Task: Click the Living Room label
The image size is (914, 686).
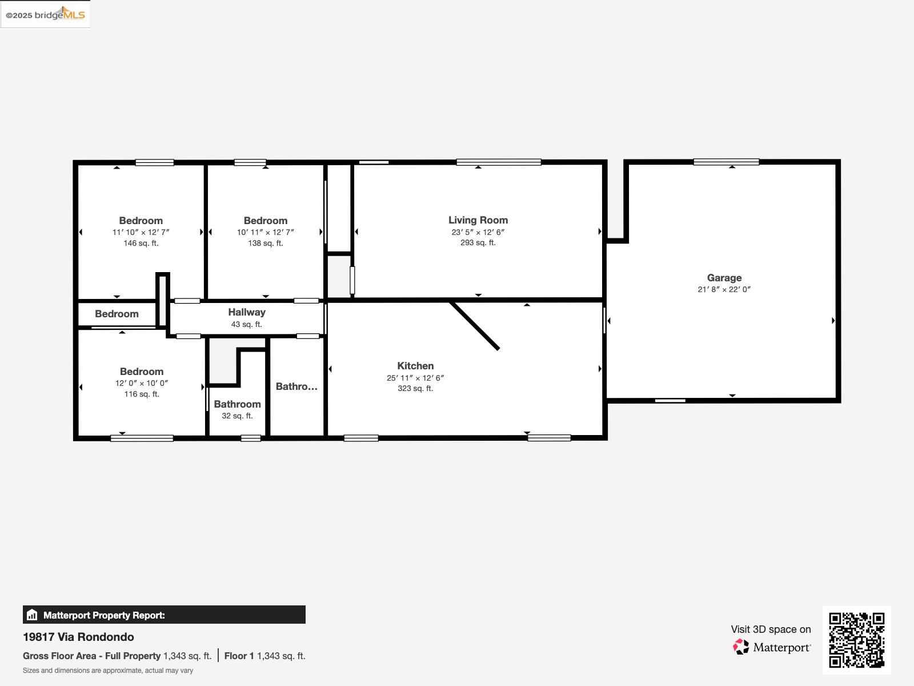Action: (x=478, y=220)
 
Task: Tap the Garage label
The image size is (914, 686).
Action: (x=724, y=278)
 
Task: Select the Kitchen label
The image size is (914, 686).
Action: (x=415, y=366)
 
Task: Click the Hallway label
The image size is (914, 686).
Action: (x=246, y=312)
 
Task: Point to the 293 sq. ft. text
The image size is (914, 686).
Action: (x=478, y=242)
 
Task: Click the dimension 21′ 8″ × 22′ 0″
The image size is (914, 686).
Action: (x=724, y=289)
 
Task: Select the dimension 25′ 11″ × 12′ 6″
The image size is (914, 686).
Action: (x=415, y=378)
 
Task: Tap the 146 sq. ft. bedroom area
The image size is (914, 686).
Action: (x=141, y=243)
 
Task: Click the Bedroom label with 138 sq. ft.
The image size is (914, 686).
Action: (x=265, y=221)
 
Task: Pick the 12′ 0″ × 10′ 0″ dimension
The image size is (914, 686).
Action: (x=142, y=383)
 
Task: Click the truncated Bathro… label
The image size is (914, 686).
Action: (x=296, y=386)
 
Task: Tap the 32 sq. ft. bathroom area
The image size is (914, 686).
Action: (x=237, y=416)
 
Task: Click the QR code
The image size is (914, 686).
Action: (x=856, y=640)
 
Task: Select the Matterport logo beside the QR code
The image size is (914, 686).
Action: (x=772, y=647)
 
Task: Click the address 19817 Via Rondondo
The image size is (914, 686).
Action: (x=78, y=637)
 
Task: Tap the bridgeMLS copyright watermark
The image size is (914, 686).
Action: (x=45, y=14)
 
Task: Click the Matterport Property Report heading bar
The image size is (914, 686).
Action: (x=164, y=615)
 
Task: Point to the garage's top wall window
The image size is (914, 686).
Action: (x=726, y=162)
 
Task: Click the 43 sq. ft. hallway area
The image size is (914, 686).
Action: (x=246, y=324)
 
